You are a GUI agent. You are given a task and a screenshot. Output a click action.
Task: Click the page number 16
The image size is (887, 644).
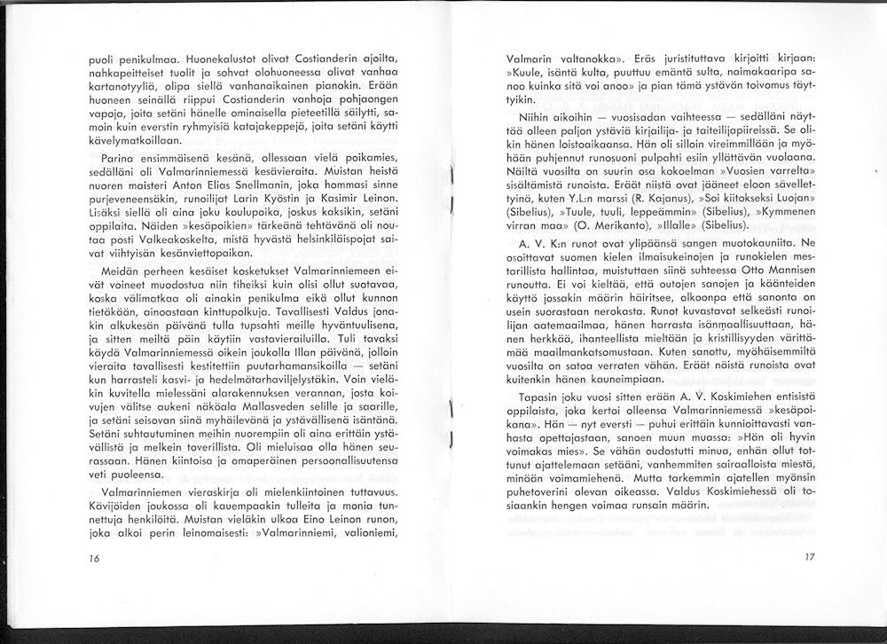(x=94, y=558)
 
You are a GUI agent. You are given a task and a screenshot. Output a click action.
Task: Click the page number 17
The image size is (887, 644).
(x=808, y=558)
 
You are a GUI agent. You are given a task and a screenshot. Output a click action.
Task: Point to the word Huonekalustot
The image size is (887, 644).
(x=185, y=58)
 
